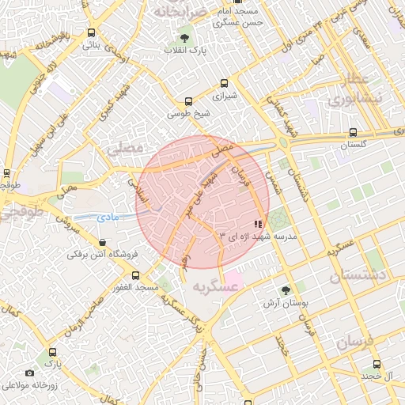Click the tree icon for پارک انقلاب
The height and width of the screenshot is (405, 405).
pos(184,37)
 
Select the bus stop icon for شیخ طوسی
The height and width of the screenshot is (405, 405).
pos(188,101)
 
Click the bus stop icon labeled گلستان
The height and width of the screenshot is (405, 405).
pos(354,134)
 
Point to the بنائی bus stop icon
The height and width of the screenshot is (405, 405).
pos(92,33)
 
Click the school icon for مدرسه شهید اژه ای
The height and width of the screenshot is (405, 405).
pos(259,225)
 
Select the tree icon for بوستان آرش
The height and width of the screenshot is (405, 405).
pos(285,290)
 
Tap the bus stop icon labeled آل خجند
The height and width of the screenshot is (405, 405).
pos(377,364)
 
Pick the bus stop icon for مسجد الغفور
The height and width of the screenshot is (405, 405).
pos(135,276)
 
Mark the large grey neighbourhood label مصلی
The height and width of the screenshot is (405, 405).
pos(125,148)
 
